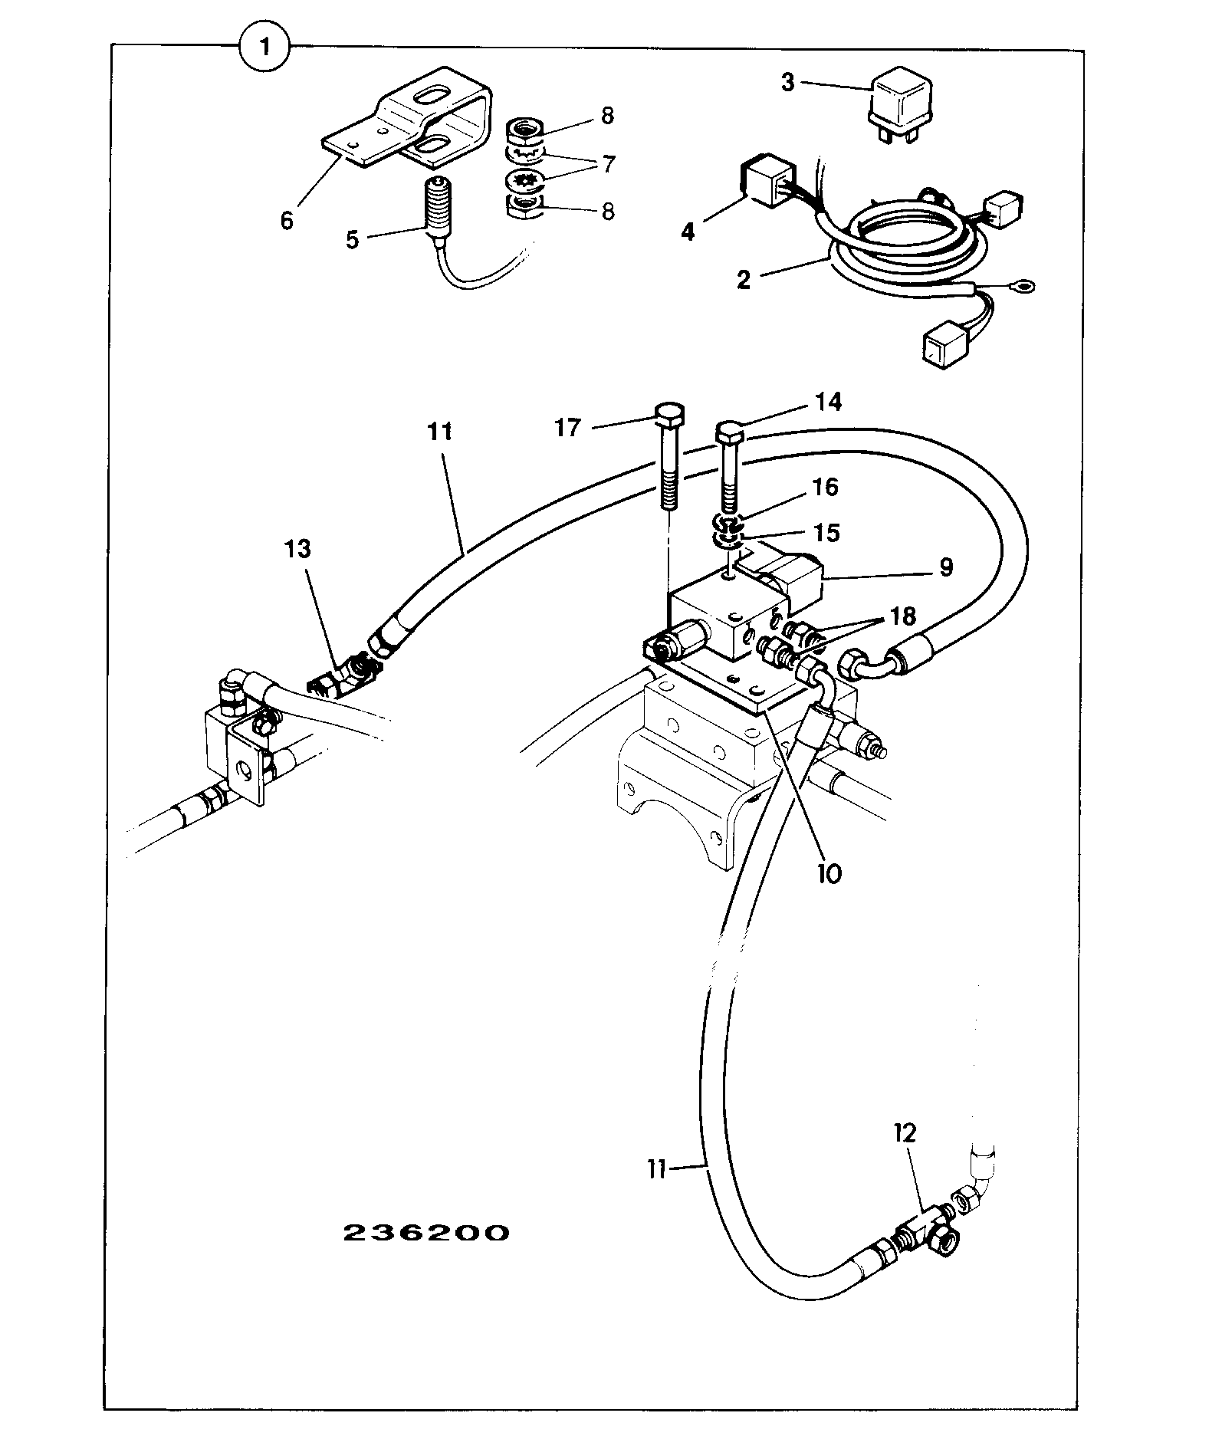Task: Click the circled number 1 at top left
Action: click(x=264, y=48)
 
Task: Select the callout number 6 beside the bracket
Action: click(x=287, y=221)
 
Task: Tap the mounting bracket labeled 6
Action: click(x=397, y=121)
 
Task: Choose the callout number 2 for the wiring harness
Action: click(x=743, y=279)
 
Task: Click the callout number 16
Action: click(x=825, y=487)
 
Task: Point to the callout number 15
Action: click(x=826, y=532)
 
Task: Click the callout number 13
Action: click(x=298, y=549)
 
